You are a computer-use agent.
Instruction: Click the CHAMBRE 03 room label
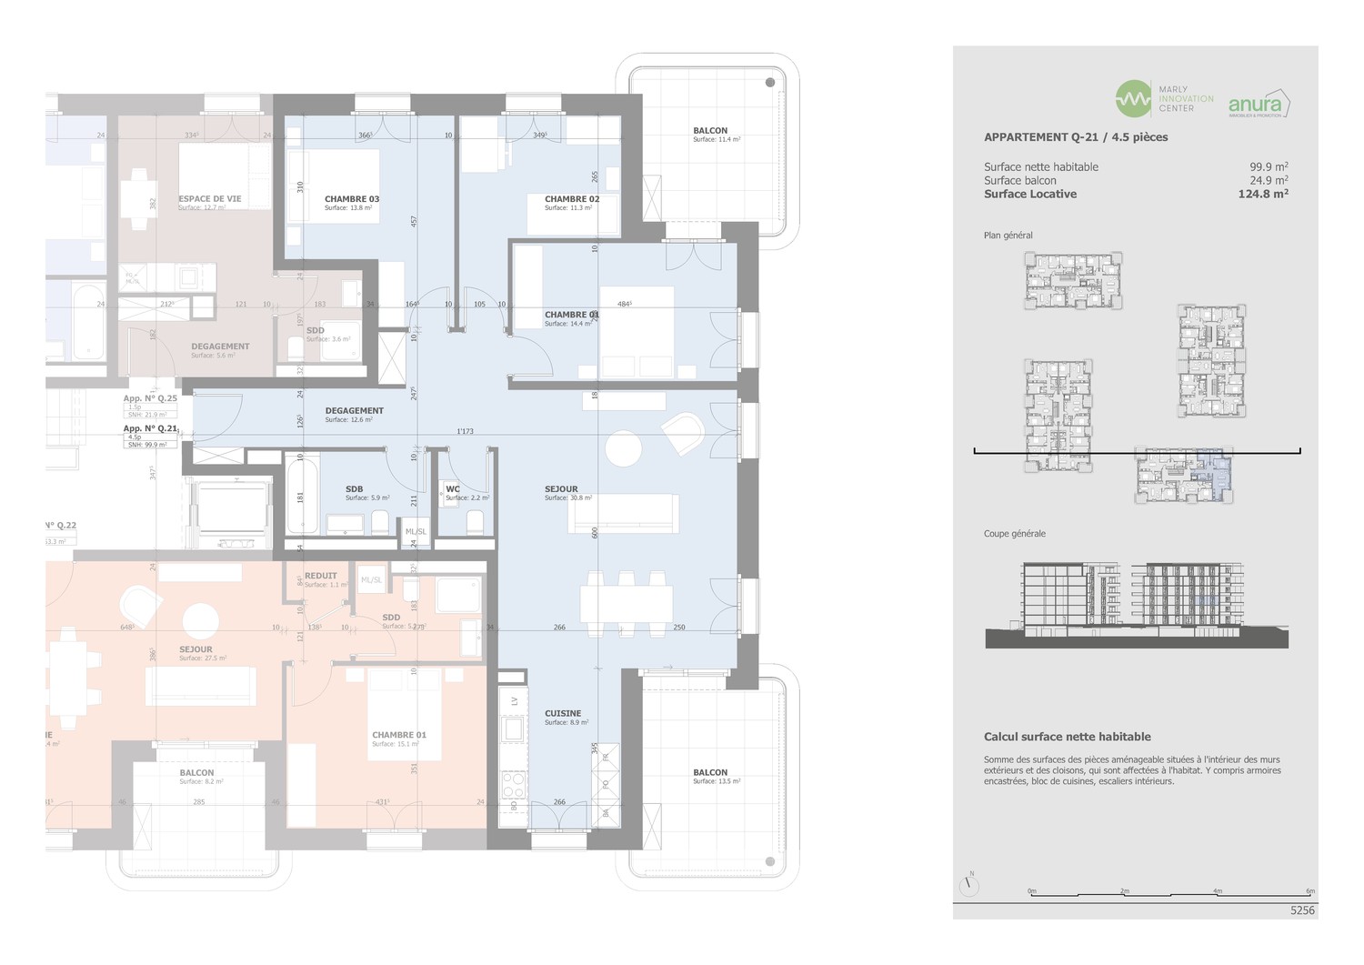pos(352,199)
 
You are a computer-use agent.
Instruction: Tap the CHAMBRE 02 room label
pos(572,199)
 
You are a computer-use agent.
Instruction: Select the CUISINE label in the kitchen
pos(563,714)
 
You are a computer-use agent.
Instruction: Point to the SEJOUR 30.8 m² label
pos(561,489)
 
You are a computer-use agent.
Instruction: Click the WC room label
pos(453,489)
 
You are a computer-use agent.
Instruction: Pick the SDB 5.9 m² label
pos(355,489)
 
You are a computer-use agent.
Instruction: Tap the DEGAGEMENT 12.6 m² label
pos(355,411)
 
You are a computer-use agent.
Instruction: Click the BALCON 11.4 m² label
pos(710,131)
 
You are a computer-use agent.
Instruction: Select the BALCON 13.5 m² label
pos(710,773)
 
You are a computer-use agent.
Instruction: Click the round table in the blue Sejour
pos(624,448)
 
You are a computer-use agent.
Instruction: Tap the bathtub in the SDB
pos(302,496)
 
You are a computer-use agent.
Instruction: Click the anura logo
pos(1259,104)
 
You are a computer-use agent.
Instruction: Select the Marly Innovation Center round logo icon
pos(1133,99)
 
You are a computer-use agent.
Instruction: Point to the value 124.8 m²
pos(1262,194)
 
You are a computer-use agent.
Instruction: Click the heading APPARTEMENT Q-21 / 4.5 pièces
pos(1076,137)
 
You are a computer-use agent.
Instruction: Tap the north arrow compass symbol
pos(969,886)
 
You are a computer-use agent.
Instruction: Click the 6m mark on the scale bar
pos(1309,891)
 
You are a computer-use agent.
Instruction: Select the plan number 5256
pos(1302,910)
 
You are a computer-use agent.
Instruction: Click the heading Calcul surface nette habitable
pos(1067,737)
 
